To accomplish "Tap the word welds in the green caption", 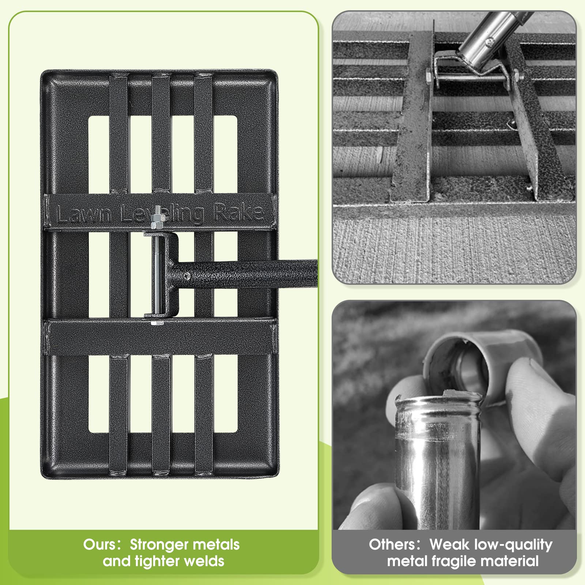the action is pyautogui.click(x=201, y=561).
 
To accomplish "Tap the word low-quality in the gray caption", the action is pyautogui.click(x=513, y=545).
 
